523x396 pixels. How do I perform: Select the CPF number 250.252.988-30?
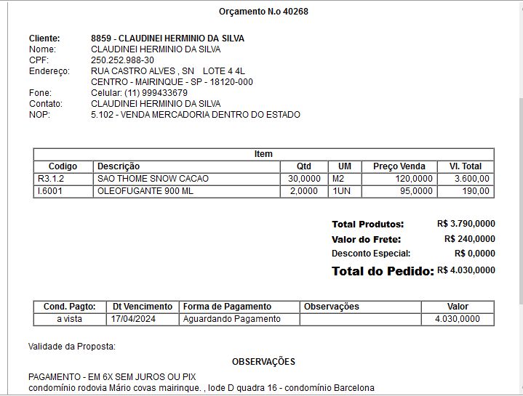click(122, 60)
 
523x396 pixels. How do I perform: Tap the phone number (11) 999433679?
click(156, 93)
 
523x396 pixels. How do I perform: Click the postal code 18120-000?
click(231, 82)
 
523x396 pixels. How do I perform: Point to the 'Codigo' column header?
click(63, 166)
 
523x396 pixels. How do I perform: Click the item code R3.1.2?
click(51, 179)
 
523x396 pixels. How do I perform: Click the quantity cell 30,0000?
click(304, 179)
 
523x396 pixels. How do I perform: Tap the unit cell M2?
click(338, 179)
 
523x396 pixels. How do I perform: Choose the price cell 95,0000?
click(416, 191)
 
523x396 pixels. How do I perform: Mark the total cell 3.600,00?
click(471, 179)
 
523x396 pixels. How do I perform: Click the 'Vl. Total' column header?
click(466, 166)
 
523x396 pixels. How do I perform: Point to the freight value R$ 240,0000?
click(469, 239)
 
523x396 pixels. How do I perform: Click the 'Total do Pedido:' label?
click(382, 271)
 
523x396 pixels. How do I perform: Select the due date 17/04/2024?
click(134, 319)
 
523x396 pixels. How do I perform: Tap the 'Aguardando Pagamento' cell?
click(231, 319)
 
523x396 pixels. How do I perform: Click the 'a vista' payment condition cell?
click(70, 319)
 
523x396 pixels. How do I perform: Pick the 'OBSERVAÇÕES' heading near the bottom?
click(263, 361)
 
